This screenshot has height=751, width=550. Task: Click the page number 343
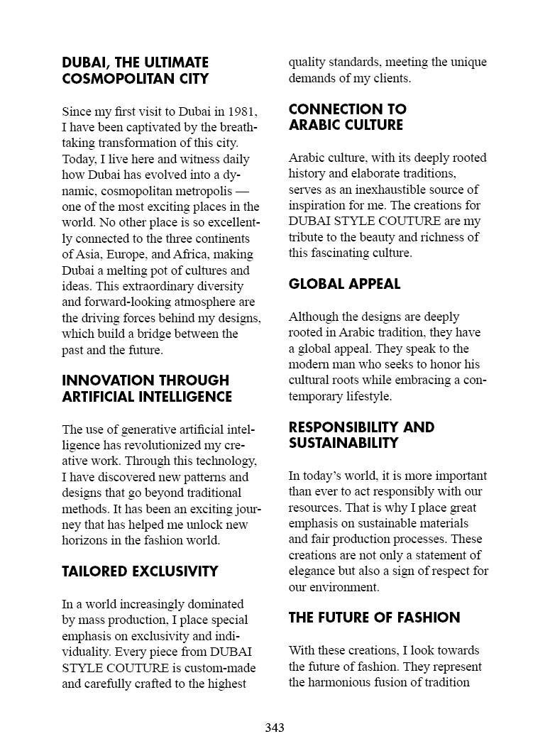click(275, 728)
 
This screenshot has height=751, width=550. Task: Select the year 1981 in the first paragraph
click(241, 111)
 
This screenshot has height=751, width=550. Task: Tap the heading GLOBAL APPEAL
click(344, 284)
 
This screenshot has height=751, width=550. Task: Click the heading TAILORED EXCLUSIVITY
click(140, 571)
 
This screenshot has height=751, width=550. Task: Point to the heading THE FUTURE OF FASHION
click(374, 618)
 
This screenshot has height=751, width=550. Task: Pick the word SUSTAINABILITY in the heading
click(343, 443)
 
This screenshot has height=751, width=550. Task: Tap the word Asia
click(88, 255)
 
